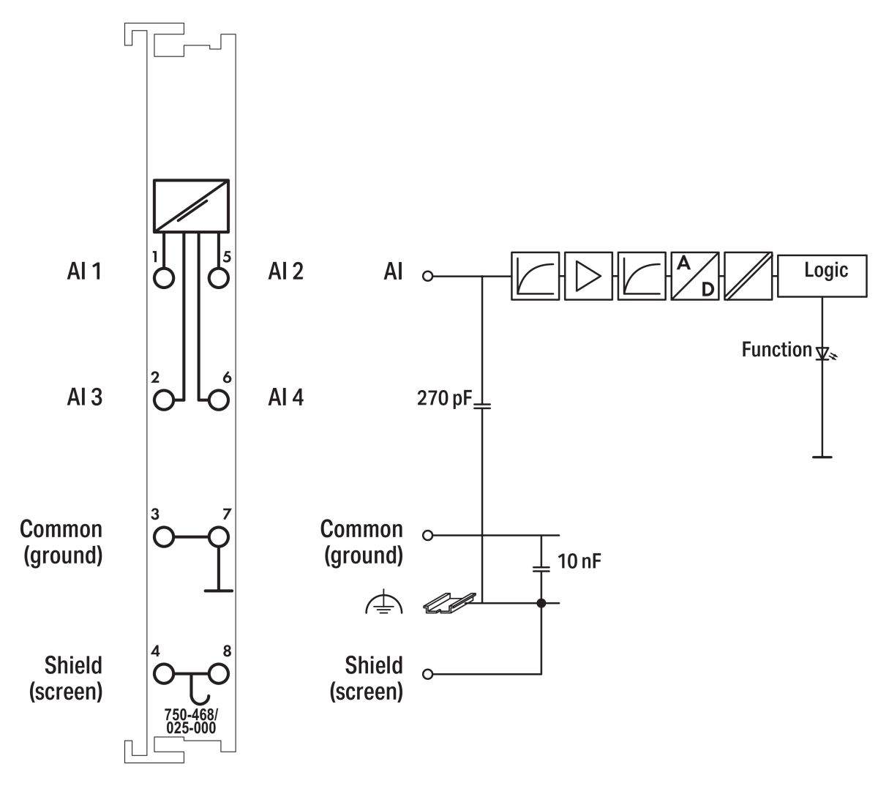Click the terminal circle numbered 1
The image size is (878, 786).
tap(165, 277)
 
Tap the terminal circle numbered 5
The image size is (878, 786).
tap(218, 277)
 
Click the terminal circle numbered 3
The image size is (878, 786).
tap(165, 536)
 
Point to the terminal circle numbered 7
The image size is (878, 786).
tap(218, 536)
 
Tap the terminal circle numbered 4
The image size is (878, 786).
tap(165, 673)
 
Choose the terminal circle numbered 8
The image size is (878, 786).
tap(218, 673)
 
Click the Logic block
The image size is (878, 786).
tap(823, 275)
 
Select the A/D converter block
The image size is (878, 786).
tap(695, 276)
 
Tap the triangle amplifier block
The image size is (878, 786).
tap(588, 276)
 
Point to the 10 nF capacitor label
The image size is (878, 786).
tap(579, 562)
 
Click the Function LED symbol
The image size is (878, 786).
tap(823, 354)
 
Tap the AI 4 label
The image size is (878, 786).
tap(285, 398)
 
